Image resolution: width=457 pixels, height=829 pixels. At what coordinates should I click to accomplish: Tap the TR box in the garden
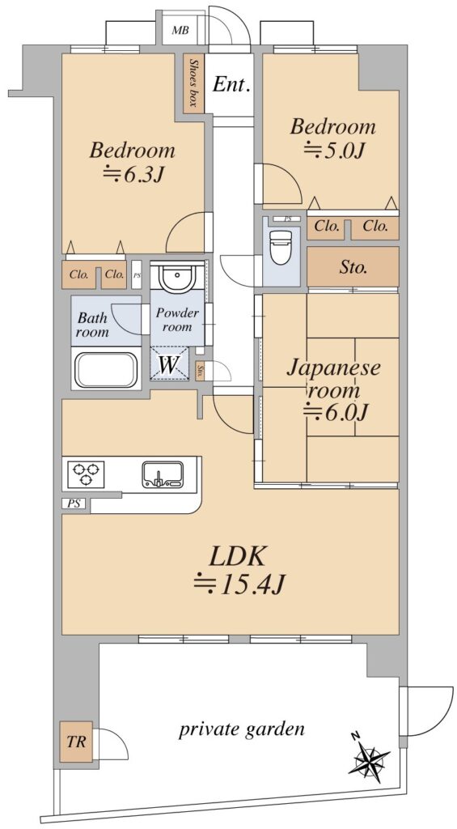(75, 742)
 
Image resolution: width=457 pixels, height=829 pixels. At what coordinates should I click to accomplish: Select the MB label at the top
(180, 30)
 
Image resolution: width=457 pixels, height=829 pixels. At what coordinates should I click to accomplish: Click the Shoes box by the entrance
(193, 83)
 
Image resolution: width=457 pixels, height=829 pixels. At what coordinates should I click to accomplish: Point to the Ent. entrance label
(231, 84)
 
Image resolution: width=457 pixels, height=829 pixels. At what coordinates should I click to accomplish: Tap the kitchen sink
(163, 474)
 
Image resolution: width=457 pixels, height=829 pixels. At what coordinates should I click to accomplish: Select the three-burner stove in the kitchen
(86, 474)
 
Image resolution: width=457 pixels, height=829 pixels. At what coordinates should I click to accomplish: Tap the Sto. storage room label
(353, 267)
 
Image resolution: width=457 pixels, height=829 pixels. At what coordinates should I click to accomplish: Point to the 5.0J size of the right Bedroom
(334, 151)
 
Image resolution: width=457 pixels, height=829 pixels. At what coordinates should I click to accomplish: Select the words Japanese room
(333, 379)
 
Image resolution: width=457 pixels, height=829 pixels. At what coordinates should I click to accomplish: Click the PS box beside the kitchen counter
(74, 504)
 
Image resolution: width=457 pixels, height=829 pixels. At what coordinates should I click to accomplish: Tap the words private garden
(242, 730)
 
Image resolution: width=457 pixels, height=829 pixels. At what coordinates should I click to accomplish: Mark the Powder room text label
(177, 320)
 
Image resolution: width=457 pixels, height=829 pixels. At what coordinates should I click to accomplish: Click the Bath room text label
(93, 325)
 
